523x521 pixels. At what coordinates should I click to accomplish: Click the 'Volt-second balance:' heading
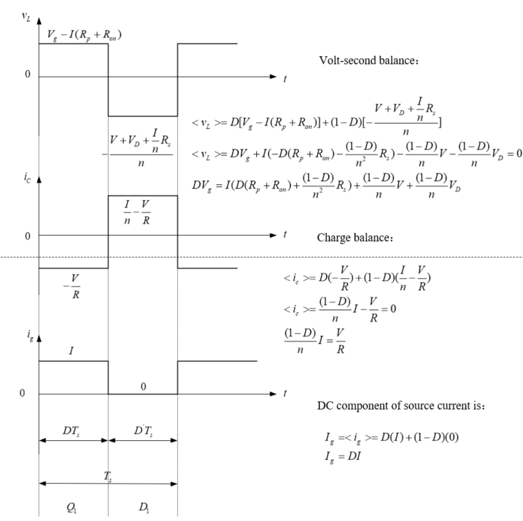click(x=368, y=60)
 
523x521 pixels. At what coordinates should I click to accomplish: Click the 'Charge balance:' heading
click(x=355, y=237)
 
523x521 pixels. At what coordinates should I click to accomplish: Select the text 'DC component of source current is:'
click(x=400, y=406)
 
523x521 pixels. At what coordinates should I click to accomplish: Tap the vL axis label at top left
click(x=26, y=17)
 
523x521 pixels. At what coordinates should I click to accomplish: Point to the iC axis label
click(x=27, y=177)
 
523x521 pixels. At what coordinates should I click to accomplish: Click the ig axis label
click(x=30, y=335)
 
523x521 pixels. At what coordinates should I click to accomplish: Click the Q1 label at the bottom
click(x=71, y=508)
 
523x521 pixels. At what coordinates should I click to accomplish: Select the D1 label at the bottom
click(x=144, y=508)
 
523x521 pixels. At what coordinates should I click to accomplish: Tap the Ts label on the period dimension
click(x=107, y=476)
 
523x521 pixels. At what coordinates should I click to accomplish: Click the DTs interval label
click(x=71, y=431)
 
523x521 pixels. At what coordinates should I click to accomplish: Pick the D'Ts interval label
click(x=143, y=431)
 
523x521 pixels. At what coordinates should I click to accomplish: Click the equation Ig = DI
click(x=343, y=456)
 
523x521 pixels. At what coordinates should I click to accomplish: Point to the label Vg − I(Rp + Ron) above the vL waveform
click(x=84, y=35)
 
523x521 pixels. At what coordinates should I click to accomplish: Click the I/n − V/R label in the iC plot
click(x=137, y=212)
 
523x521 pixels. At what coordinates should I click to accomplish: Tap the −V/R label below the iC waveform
click(x=72, y=286)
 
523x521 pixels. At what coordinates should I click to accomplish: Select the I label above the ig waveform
click(x=71, y=351)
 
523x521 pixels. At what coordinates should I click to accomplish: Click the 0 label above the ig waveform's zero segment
click(x=143, y=387)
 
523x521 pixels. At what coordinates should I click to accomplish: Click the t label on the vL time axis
click(x=285, y=79)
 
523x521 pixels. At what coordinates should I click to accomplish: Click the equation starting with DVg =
click(x=326, y=185)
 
